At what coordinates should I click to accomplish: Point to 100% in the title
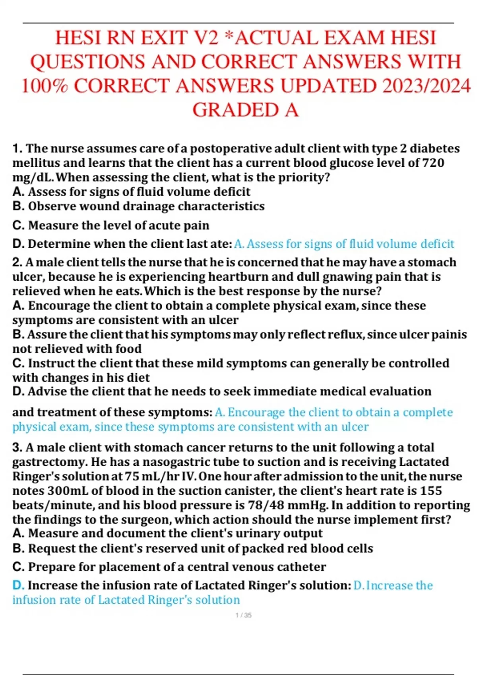44,86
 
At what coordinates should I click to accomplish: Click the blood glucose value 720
432,163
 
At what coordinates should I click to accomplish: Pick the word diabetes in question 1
434,148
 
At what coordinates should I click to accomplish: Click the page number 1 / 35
243,615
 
